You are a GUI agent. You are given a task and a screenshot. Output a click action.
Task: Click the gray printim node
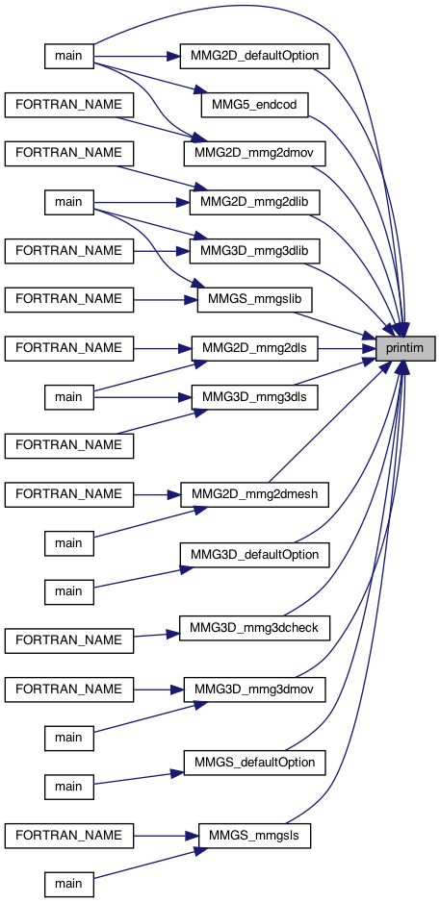click(x=405, y=347)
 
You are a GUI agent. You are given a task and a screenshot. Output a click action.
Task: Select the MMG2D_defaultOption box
click(x=255, y=56)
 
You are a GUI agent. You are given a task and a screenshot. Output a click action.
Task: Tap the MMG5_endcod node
click(x=253, y=105)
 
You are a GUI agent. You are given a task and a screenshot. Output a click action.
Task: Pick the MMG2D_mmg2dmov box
click(x=255, y=153)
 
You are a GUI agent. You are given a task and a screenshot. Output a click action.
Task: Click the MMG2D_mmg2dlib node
click(x=254, y=202)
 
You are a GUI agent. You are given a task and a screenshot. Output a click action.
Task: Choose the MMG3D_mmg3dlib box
click(x=254, y=250)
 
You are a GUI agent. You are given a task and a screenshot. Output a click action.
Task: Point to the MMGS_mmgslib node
click(x=255, y=299)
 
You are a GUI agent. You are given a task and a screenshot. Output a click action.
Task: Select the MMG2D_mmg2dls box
click(x=254, y=347)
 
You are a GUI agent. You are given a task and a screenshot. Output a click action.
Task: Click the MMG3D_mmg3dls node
click(x=254, y=396)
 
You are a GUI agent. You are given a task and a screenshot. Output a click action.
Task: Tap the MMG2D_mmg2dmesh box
click(x=255, y=494)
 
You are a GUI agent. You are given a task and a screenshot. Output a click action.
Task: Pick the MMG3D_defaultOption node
click(x=255, y=555)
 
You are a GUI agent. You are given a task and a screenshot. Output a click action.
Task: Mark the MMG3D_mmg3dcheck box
click(x=255, y=628)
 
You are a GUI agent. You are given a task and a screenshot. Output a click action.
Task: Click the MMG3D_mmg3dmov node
click(x=255, y=689)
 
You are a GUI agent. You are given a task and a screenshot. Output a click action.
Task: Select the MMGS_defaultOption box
click(x=255, y=762)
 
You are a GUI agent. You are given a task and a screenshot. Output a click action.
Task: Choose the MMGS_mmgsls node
click(x=254, y=835)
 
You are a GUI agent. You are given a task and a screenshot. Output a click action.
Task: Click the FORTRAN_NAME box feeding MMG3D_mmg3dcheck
click(x=68, y=640)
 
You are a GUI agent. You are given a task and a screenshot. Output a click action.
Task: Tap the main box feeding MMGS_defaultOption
click(x=68, y=786)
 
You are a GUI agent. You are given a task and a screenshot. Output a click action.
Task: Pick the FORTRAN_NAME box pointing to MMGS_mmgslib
click(x=68, y=299)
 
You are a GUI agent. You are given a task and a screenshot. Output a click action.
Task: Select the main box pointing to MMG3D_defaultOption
click(x=68, y=591)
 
